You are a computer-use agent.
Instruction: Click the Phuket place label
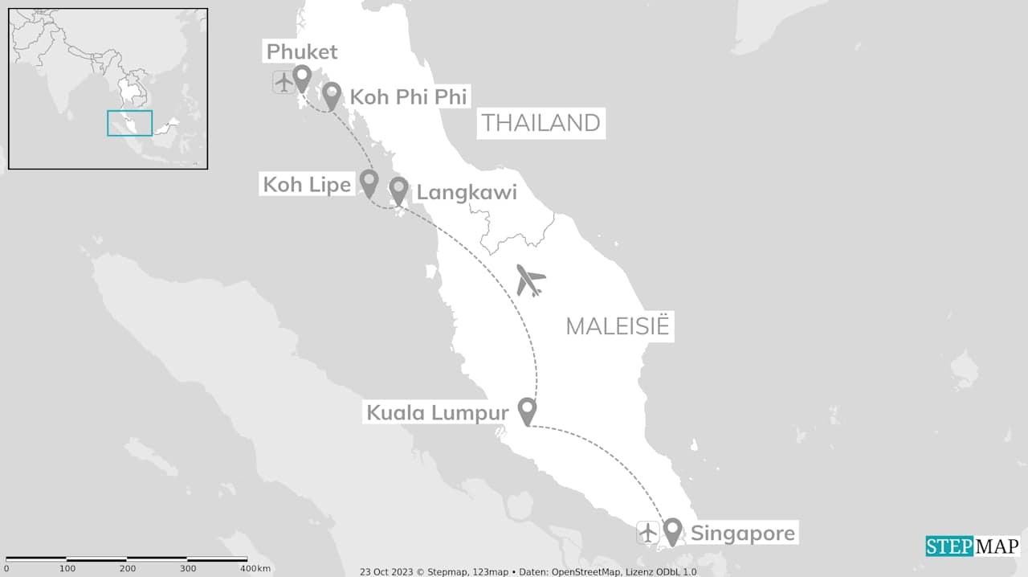pyautogui.click(x=302, y=52)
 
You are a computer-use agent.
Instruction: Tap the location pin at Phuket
pyautogui.click(x=302, y=79)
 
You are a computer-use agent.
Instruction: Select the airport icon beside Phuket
pyautogui.click(x=283, y=82)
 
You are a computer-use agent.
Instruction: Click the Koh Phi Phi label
pyautogui.click(x=409, y=97)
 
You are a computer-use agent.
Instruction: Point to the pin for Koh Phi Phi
pyautogui.click(x=332, y=96)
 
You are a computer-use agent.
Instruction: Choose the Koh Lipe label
pyautogui.click(x=307, y=185)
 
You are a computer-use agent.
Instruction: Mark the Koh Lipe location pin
pyautogui.click(x=369, y=182)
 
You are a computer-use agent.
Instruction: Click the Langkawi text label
pyautogui.click(x=466, y=193)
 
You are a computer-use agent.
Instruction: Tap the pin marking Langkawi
pyautogui.click(x=398, y=190)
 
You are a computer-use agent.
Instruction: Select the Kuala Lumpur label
pyautogui.click(x=437, y=413)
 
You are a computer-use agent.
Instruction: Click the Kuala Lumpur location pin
pyautogui.click(x=527, y=411)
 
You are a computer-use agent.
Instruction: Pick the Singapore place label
pyautogui.click(x=743, y=534)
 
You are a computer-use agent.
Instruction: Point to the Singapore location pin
pyautogui.click(x=672, y=531)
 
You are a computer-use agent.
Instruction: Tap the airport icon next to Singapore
pyautogui.click(x=647, y=532)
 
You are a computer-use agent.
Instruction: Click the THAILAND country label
pyautogui.click(x=541, y=123)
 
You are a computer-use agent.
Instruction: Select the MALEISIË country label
pyautogui.click(x=617, y=326)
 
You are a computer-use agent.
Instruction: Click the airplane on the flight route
pyautogui.click(x=530, y=280)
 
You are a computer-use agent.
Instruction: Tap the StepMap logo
pyautogui.click(x=972, y=546)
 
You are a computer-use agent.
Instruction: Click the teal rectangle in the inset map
pyautogui.click(x=129, y=123)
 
